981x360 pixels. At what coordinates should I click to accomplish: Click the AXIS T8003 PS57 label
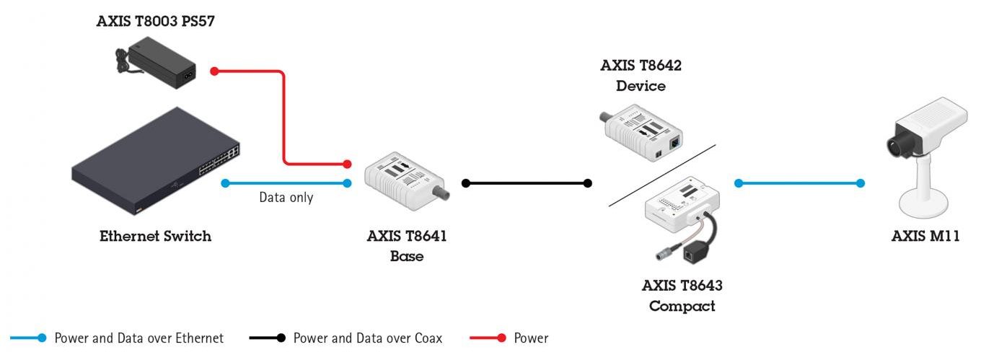point(156,21)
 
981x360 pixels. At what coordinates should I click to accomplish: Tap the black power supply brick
point(162,63)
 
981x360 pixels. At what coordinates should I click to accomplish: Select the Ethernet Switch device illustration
point(156,161)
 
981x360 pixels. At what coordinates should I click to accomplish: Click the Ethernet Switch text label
point(156,236)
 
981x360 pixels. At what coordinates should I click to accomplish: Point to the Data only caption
point(286,198)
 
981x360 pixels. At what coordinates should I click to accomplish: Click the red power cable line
point(283,118)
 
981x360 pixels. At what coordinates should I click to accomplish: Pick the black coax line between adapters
point(527,183)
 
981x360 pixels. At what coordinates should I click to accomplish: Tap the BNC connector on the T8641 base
point(441,192)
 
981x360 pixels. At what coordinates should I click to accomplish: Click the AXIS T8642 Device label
point(641,76)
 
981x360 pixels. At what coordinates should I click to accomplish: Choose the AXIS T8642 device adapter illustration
point(641,133)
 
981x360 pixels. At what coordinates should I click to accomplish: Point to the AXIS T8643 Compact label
point(682,296)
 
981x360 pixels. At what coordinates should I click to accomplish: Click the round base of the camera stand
point(923,208)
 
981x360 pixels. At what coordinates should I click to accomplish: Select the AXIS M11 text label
point(925,236)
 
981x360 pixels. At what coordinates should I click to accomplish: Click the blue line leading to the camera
point(800,183)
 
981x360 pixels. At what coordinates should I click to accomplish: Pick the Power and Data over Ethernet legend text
point(138,338)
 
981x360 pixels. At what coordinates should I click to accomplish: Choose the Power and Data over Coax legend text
point(367,338)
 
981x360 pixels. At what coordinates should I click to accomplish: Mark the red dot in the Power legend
point(501,338)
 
